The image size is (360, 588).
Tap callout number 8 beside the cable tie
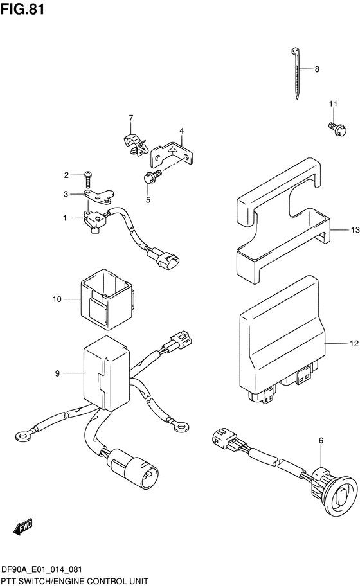coord(317,69)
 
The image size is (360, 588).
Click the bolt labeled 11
coord(337,129)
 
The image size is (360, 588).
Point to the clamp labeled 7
coord(134,144)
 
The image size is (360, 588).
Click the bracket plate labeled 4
coord(172,154)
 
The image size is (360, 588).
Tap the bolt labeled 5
coord(152,176)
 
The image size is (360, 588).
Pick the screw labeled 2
coord(89,179)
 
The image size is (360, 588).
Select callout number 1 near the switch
coord(65,218)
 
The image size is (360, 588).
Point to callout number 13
coord(355,230)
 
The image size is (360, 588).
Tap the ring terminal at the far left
coord(24,435)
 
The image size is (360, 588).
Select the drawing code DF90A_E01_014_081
coord(42,570)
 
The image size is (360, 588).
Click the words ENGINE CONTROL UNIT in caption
coord(107,582)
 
